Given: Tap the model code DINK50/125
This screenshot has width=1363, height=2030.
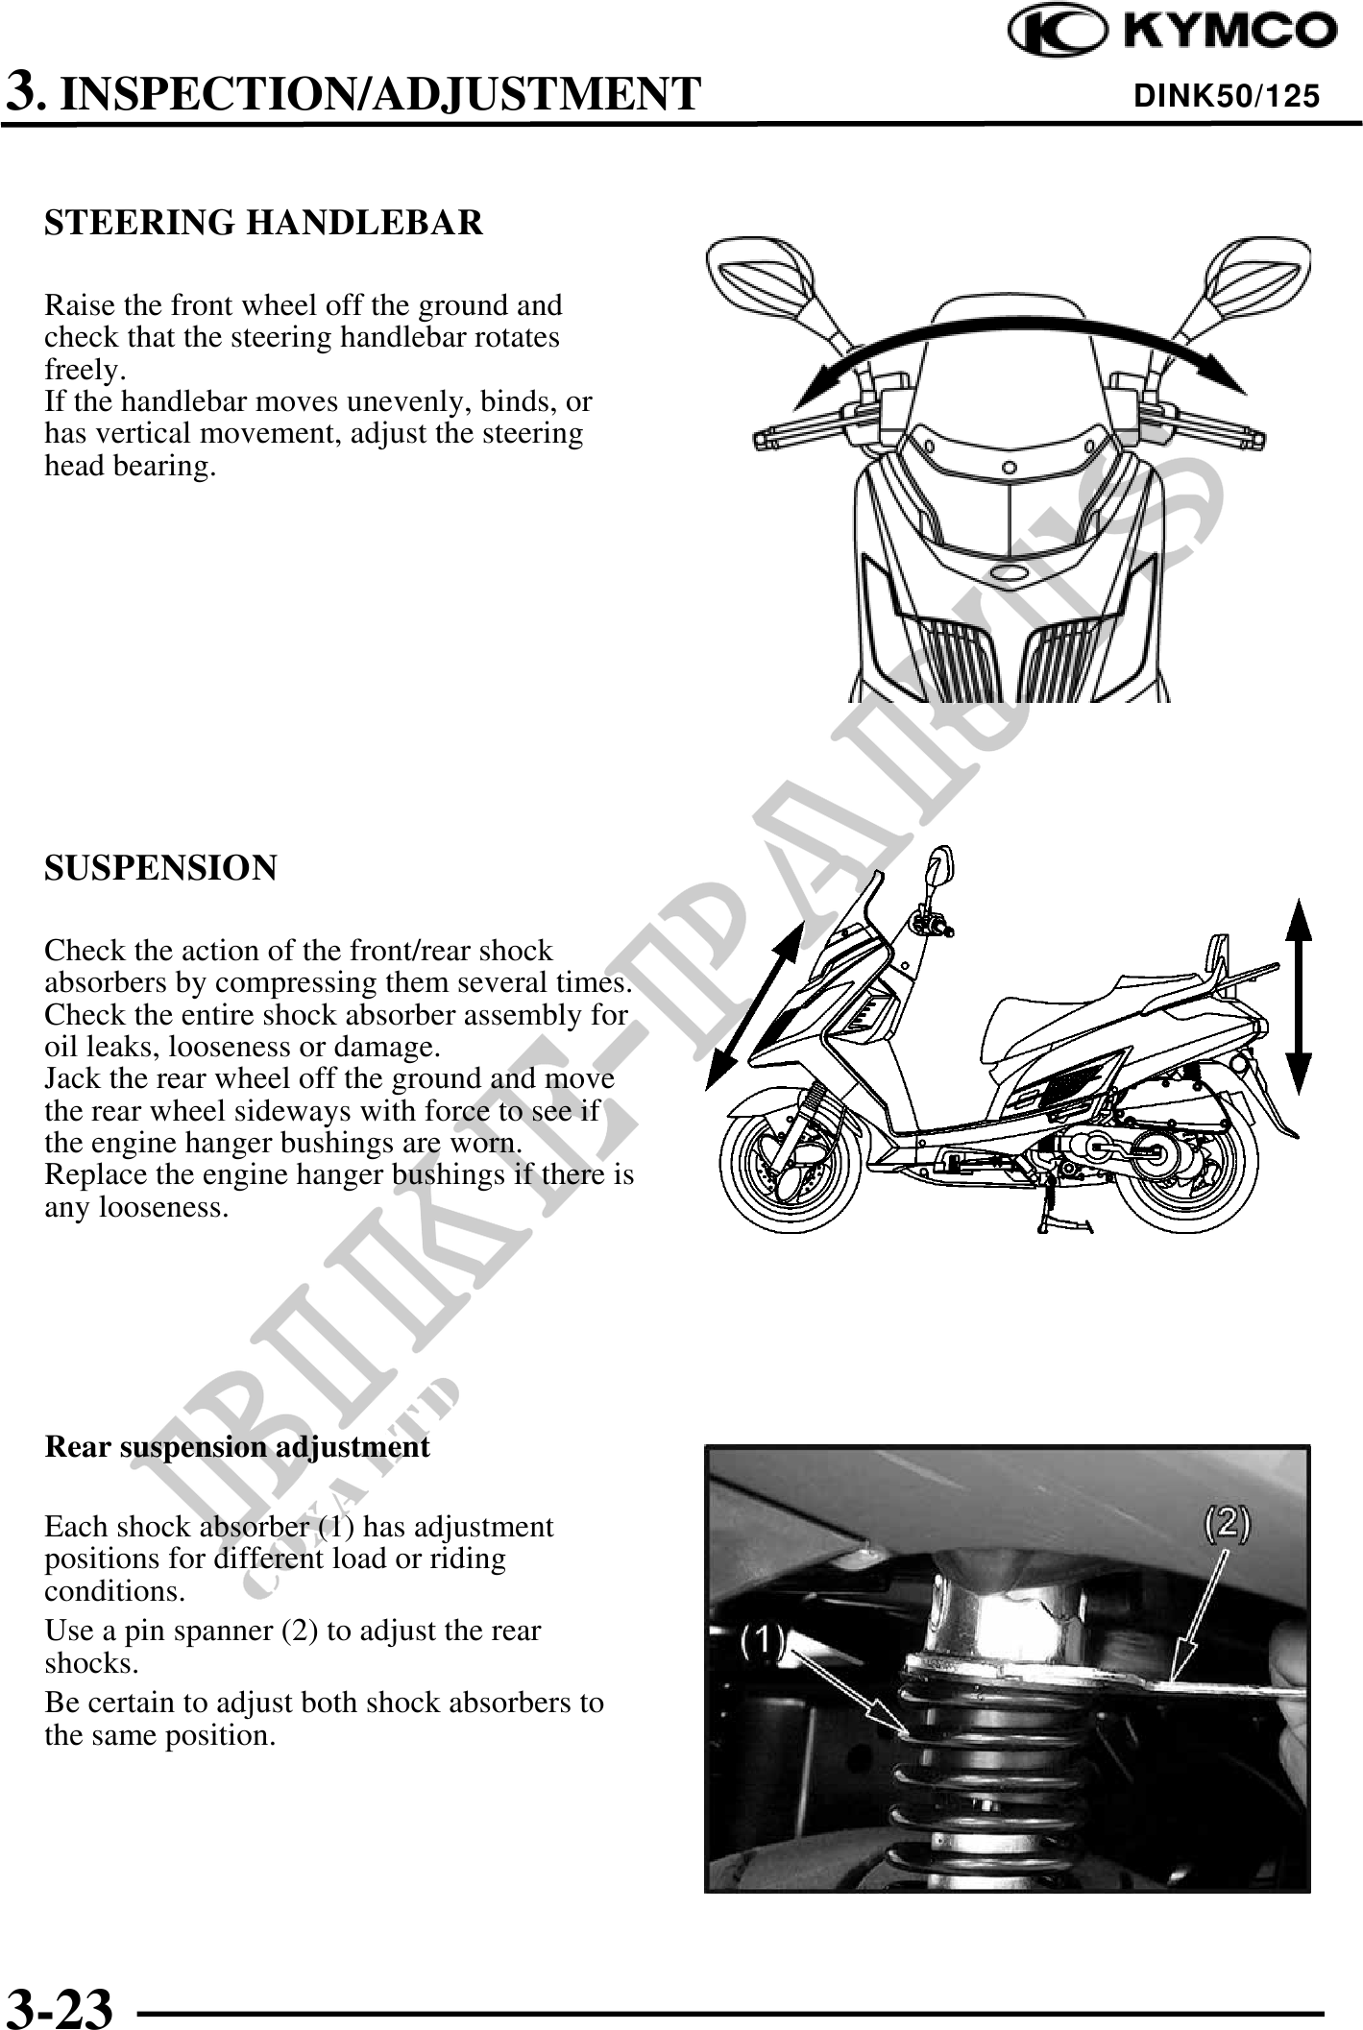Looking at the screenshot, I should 1227,96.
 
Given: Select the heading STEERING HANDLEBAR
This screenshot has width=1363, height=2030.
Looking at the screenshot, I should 264,223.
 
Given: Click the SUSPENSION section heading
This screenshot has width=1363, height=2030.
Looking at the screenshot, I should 160,868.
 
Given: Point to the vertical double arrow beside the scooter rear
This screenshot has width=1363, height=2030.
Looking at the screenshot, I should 1298,997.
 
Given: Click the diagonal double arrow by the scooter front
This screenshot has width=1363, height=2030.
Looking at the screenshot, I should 754,1003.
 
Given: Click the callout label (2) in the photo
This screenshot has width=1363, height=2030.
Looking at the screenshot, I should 1227,1525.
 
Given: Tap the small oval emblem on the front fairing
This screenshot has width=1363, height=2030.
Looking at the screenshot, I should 1009,574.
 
